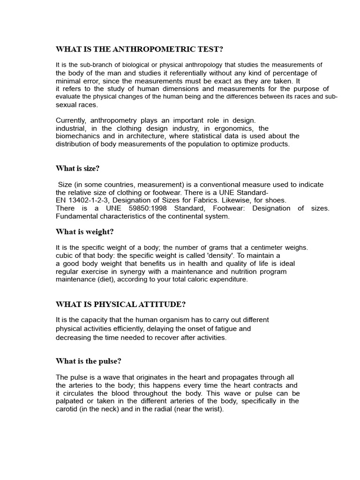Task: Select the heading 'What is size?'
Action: pos(77,168)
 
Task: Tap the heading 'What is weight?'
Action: pos(84,232)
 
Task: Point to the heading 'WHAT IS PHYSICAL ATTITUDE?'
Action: pos(120,304)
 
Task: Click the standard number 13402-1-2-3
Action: pos(89,200)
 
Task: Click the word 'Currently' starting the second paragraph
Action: pos(70,120)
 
